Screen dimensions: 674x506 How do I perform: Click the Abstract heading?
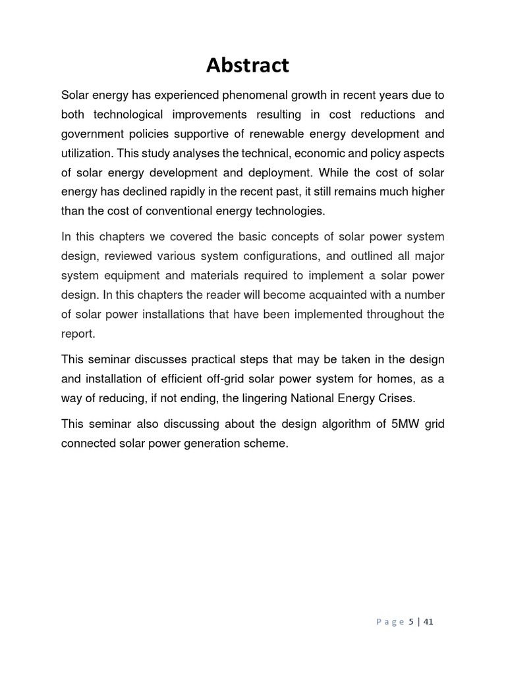click(x=247, y=65)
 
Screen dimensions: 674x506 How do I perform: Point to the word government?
click(x=92, y=134)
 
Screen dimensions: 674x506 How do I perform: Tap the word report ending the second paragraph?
click(x=78, y=334)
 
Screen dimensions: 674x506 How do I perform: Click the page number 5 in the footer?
click(x=411, y=622)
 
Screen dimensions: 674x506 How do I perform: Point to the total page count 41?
click(x=428, y=622)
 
